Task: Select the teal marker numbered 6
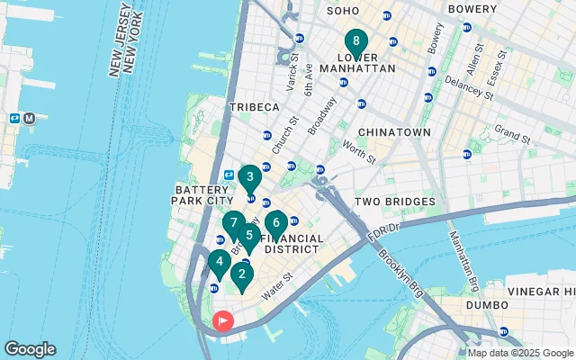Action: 275,222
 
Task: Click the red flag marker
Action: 221,320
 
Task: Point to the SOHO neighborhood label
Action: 342,11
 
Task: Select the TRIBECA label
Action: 254,107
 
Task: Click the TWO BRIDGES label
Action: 395,202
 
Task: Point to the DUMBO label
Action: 486,306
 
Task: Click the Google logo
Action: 30,349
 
